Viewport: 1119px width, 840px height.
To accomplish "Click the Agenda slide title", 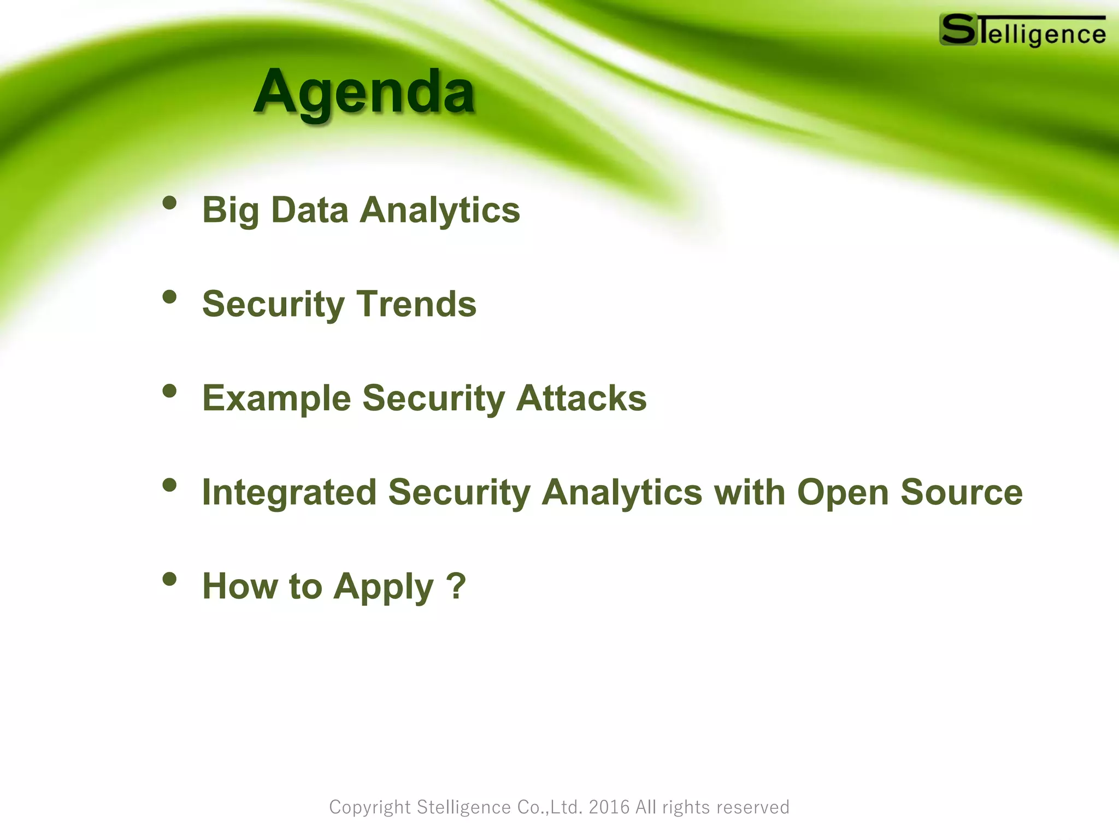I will (364, 92).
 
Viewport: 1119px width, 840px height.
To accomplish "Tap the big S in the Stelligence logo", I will (958, 30).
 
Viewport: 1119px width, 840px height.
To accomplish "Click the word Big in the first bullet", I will (230, 211).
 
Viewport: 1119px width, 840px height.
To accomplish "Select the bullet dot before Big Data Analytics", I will (170, 203).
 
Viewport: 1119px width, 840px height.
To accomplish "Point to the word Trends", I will (416, 304).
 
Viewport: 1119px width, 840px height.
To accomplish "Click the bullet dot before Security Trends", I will (170, 297).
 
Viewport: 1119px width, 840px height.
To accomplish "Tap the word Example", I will (276, 399).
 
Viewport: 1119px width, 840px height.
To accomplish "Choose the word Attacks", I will (581, 398).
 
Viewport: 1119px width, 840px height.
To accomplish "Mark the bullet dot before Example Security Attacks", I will (170, 391).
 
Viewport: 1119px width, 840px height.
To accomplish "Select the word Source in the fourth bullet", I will (961, 492).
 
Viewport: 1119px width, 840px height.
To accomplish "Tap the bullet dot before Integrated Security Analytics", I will (170, 485).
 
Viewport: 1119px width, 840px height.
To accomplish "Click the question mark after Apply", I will (456, 586).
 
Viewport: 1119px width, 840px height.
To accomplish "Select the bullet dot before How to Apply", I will (170, 579).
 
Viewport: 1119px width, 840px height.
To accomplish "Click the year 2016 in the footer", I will (609, 807).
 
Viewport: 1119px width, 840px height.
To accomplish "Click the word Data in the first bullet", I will (309, 210).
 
